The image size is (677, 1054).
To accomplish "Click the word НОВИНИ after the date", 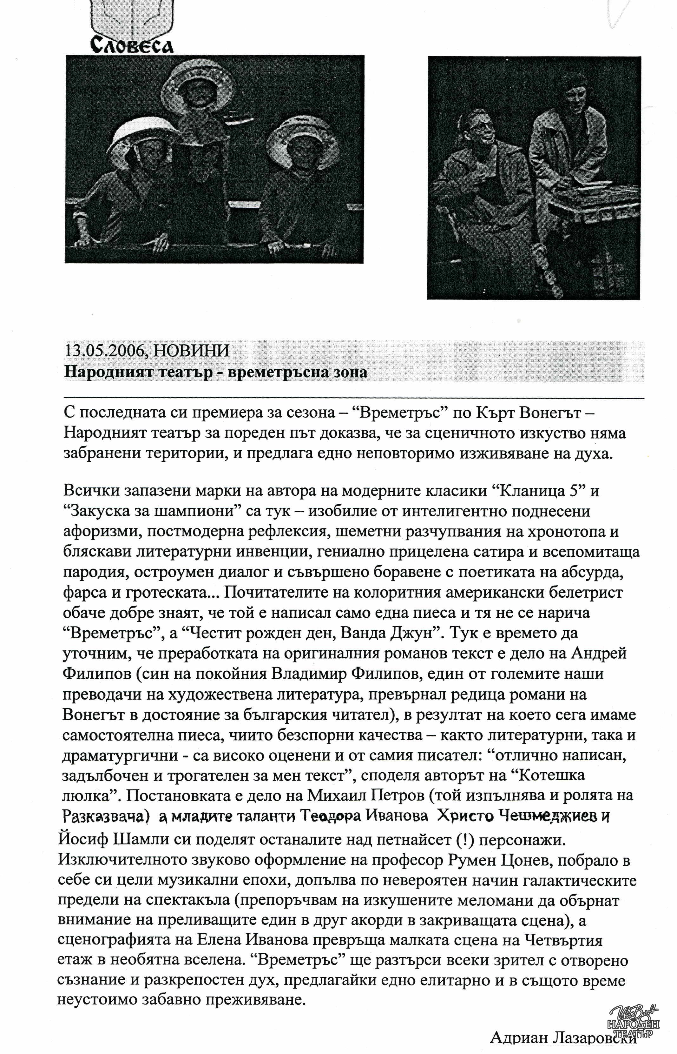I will coord(192,351).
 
